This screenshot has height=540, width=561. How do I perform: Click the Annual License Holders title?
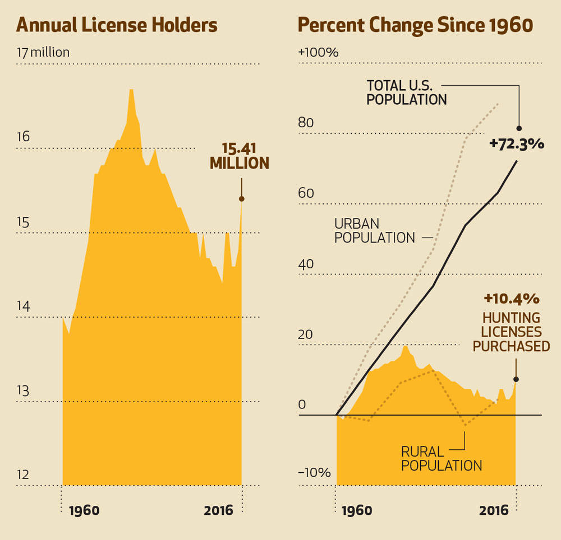[117, 25]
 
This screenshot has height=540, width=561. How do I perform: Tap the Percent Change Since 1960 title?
[415, 25]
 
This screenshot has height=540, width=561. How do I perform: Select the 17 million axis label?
[43, 53]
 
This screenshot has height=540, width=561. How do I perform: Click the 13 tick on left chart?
[23, 390]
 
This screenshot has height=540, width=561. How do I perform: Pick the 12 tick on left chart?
[23, 475]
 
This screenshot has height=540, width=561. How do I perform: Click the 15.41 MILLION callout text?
[240, 156]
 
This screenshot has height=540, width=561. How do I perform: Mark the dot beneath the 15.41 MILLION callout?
[242, 199]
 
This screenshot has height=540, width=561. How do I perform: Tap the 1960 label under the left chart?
[84, 511]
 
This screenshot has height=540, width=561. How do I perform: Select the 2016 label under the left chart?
[219, 511]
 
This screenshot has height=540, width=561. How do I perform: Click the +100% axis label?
[319, 53]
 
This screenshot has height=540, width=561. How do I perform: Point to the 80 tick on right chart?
[306, 123]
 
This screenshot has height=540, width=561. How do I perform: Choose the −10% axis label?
[314, 473]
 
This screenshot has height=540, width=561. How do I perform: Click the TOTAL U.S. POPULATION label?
[407, 93]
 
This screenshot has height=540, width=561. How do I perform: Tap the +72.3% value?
[516, 144]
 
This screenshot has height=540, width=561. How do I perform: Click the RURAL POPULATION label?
[442, 458]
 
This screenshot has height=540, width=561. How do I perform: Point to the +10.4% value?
[511, 297]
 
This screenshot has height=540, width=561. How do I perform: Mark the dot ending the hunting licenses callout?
[516, 379]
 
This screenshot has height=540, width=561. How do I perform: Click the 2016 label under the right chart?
[494, 511]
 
